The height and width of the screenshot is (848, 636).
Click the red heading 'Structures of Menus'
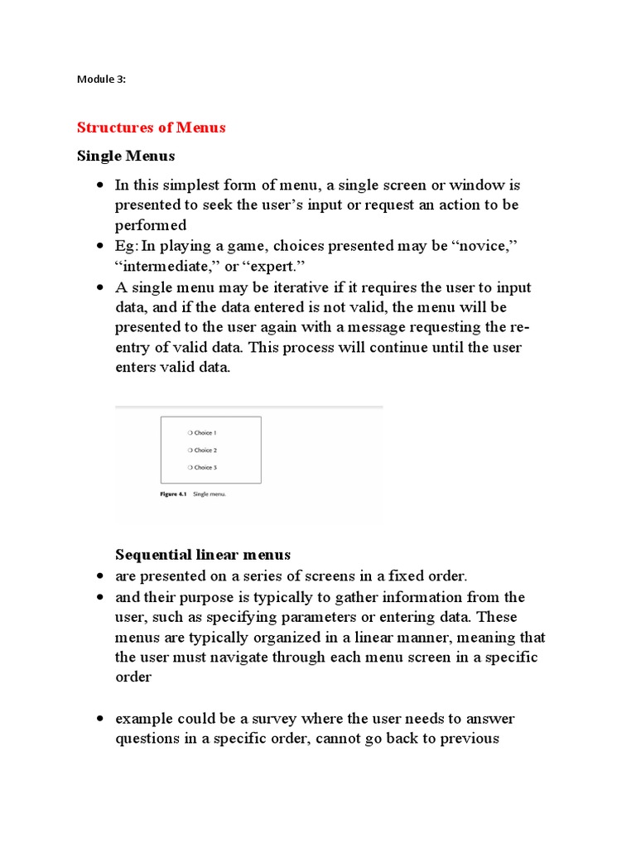point(151,128)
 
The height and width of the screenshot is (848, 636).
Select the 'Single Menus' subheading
point(126,156)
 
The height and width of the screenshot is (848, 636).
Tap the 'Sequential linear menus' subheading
point(203,554)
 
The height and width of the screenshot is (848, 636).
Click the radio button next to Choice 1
point(190,432)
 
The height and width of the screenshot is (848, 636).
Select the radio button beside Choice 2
point(190,450)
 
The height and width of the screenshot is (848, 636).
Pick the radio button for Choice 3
point(190,468)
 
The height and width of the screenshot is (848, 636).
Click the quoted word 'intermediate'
point(171,267)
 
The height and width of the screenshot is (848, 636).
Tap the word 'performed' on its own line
point(150,225)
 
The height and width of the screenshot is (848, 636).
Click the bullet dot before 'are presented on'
point(99,576)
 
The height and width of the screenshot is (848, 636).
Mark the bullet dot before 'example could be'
point(99,718)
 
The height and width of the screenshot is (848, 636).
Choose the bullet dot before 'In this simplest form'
point(99,184)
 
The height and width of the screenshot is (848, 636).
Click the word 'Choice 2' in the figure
point(205,450)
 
